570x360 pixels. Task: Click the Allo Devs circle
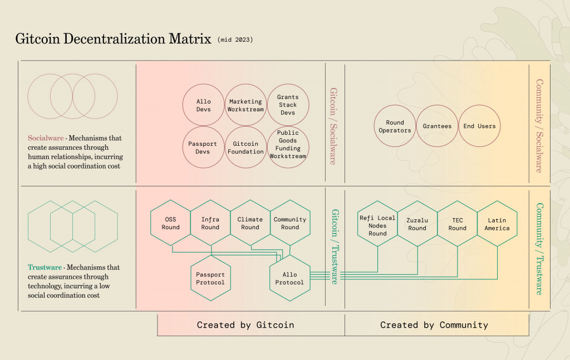coord(203,105)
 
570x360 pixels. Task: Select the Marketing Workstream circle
coord(245,105)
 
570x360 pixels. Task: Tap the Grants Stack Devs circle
coord(288,105)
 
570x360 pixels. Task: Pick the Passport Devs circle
coord(203,147)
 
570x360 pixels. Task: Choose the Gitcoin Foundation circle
coord(245,147)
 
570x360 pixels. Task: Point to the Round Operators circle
coord(395,126)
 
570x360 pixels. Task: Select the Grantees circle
coord(437,126)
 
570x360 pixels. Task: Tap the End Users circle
coord(479,126)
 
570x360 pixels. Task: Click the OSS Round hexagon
coord(171,223)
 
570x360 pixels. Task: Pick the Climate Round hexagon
coord(250,223)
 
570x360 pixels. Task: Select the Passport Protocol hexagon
coord(210,278)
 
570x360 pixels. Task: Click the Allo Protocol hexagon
coord(289,278)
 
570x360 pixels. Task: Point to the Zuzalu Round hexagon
coord(417,224)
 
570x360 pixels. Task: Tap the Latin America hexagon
coord(497,224)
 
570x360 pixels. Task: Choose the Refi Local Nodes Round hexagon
coord(377,224)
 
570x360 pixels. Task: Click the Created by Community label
coord(434,325)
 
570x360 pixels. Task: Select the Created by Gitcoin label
coord(245,325)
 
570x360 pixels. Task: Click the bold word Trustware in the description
coord(45,268)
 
